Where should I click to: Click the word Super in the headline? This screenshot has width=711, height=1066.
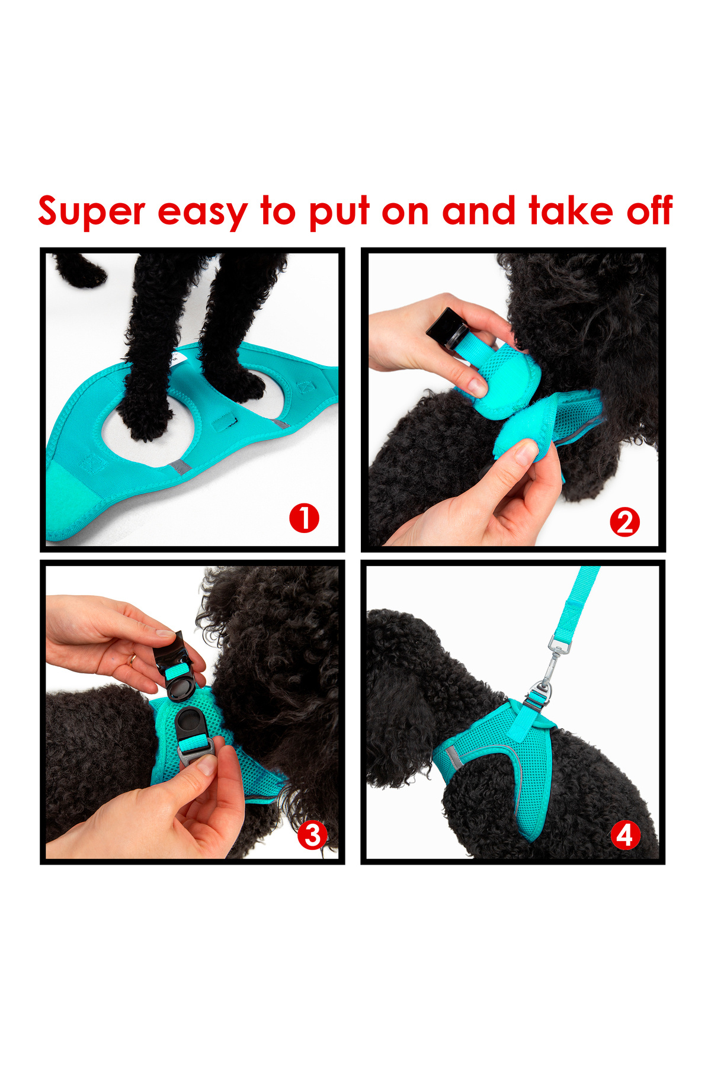[92, 212]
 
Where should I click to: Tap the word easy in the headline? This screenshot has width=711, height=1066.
[202, 213]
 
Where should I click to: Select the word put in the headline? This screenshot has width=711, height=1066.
[339, 213]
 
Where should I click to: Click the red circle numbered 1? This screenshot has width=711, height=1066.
[304, 518]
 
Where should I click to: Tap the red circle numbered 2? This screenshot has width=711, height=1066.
[625, 522]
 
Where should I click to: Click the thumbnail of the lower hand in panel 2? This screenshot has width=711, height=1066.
[525, 452]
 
